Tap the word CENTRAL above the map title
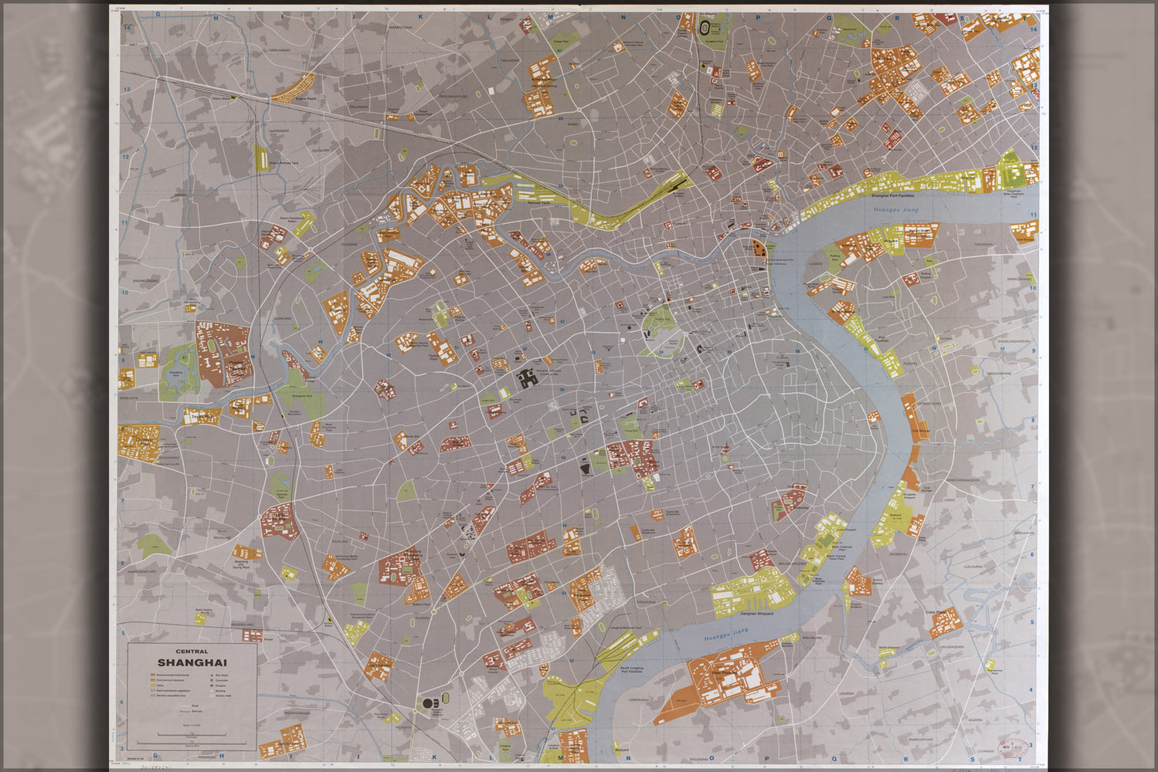[192, 652]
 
